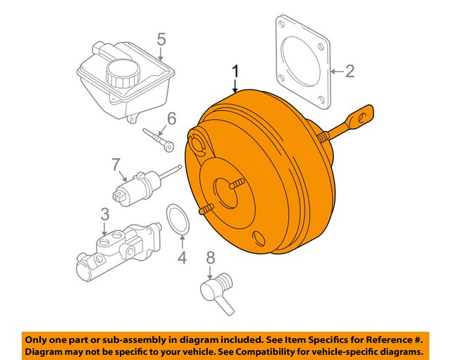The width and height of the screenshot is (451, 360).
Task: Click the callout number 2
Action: point(350,70)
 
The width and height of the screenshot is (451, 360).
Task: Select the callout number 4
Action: point(182,258)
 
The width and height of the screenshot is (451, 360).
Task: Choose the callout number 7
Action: point(116,166)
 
